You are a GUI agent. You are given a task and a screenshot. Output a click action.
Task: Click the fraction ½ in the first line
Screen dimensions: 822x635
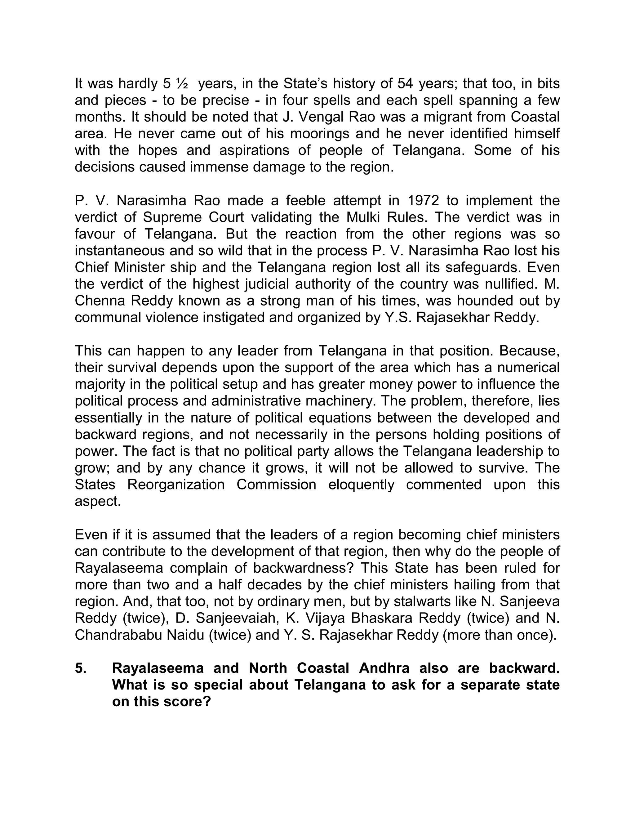tap(182, 83)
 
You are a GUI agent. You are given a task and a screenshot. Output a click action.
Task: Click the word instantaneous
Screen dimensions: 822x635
tap(119, 251)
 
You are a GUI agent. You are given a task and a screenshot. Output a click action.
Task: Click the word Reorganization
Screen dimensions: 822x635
tap(176, 485)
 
